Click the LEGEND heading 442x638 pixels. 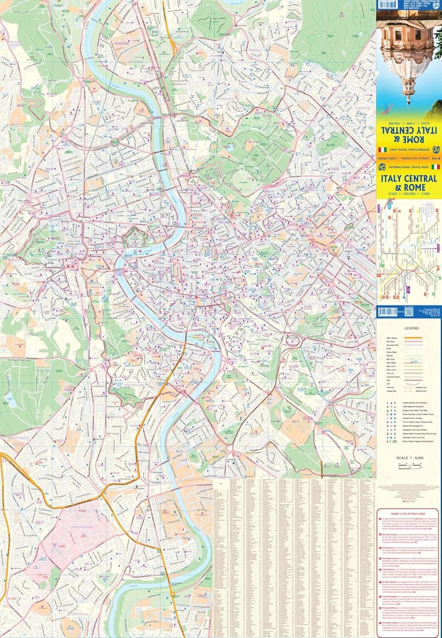coord(411,328)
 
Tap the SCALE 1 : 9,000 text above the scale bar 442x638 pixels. coord(408,458)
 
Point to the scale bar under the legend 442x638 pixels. coord(408,464)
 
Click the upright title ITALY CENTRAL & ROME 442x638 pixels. coord(408,182)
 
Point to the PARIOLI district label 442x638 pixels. coord(254,50)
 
